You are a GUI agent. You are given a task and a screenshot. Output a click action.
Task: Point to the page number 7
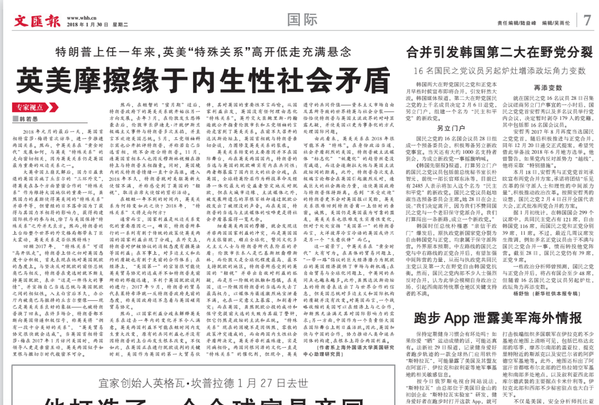coord(588,21)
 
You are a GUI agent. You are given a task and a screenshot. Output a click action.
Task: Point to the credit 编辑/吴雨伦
coord(556,23)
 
